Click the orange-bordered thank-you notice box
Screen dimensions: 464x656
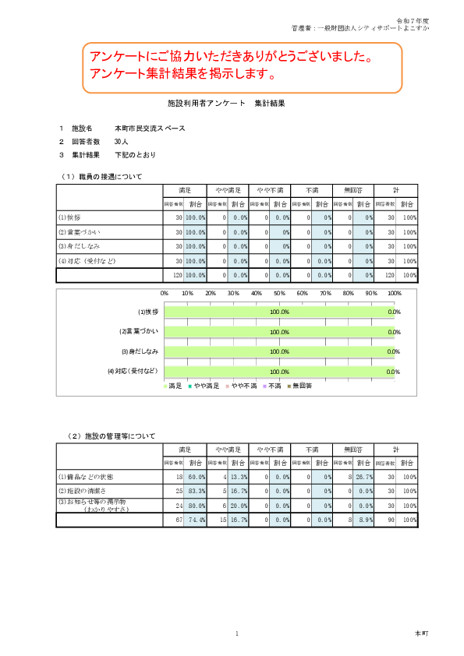pyautogui.click(x=242, y=66)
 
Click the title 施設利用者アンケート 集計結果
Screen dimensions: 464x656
pyautogui.click(x=232, y=103)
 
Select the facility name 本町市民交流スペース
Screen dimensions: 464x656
pyautogui.click(x=150, y=129)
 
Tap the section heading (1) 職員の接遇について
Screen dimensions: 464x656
pyautogui.click(x=107, y=177)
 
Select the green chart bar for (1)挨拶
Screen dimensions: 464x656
pyautogui.click(x=279, y=312)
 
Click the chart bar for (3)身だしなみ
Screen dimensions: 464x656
pyautogui.click(x=279, y=351)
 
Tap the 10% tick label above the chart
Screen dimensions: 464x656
pyautogui.click(x=187, y=293)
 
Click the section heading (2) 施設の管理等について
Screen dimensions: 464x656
pyautogui.click(x=111, y=436)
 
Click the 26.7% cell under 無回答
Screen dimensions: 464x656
pyautogui.click(x=363, y=476)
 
